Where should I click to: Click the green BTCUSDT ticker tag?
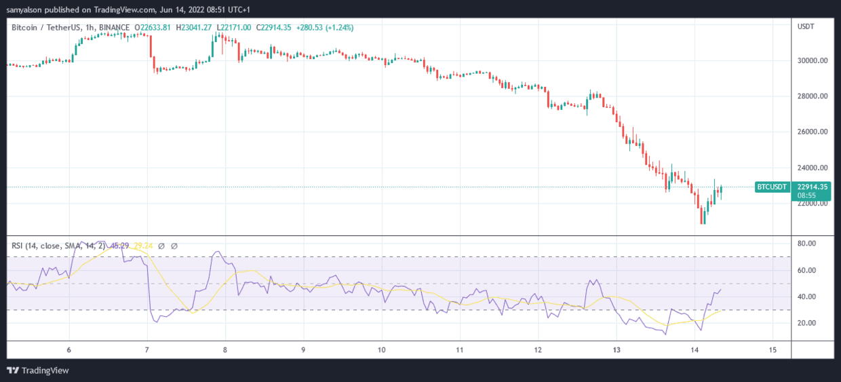coord(772,187)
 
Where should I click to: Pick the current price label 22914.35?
coord(811,187)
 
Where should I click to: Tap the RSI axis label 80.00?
coord(806,244)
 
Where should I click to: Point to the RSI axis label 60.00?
coord(806,270)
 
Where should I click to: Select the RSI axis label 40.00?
coord(806,297)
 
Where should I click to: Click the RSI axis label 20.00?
coord(806,323)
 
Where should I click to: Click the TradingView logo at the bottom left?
coord(38,370)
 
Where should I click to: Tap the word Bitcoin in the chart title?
coord(25,27)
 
